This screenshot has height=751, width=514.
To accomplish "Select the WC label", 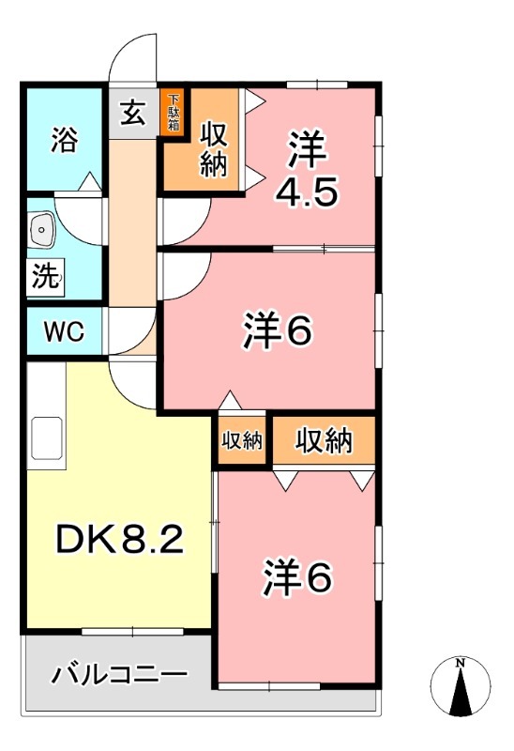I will coord(64,332).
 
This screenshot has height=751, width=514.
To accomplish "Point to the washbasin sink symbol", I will coord(42,228).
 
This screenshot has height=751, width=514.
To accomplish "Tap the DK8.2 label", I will coord(118,538).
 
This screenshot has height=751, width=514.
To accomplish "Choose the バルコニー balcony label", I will coord(118,674).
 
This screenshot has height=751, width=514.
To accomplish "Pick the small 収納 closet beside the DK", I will coord(242,441).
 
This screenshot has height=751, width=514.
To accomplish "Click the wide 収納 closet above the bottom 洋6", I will coord(325,440).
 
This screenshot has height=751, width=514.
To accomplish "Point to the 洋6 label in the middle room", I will coord(277,330).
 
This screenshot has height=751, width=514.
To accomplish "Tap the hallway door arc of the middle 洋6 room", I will coord(183,276).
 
